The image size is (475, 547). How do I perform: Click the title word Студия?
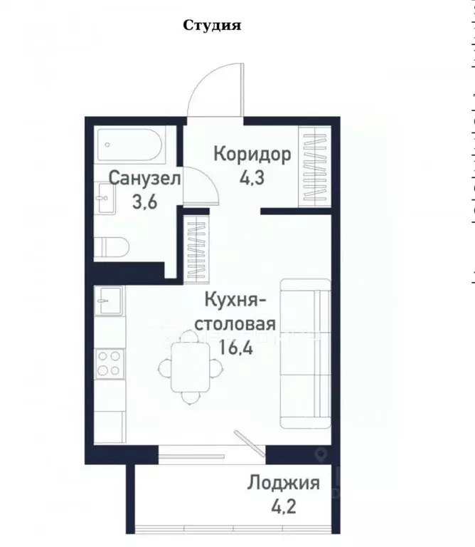213,26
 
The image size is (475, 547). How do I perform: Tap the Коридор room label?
252,155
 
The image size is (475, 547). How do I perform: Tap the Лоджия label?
283,484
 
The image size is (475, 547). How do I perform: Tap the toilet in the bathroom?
113,246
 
